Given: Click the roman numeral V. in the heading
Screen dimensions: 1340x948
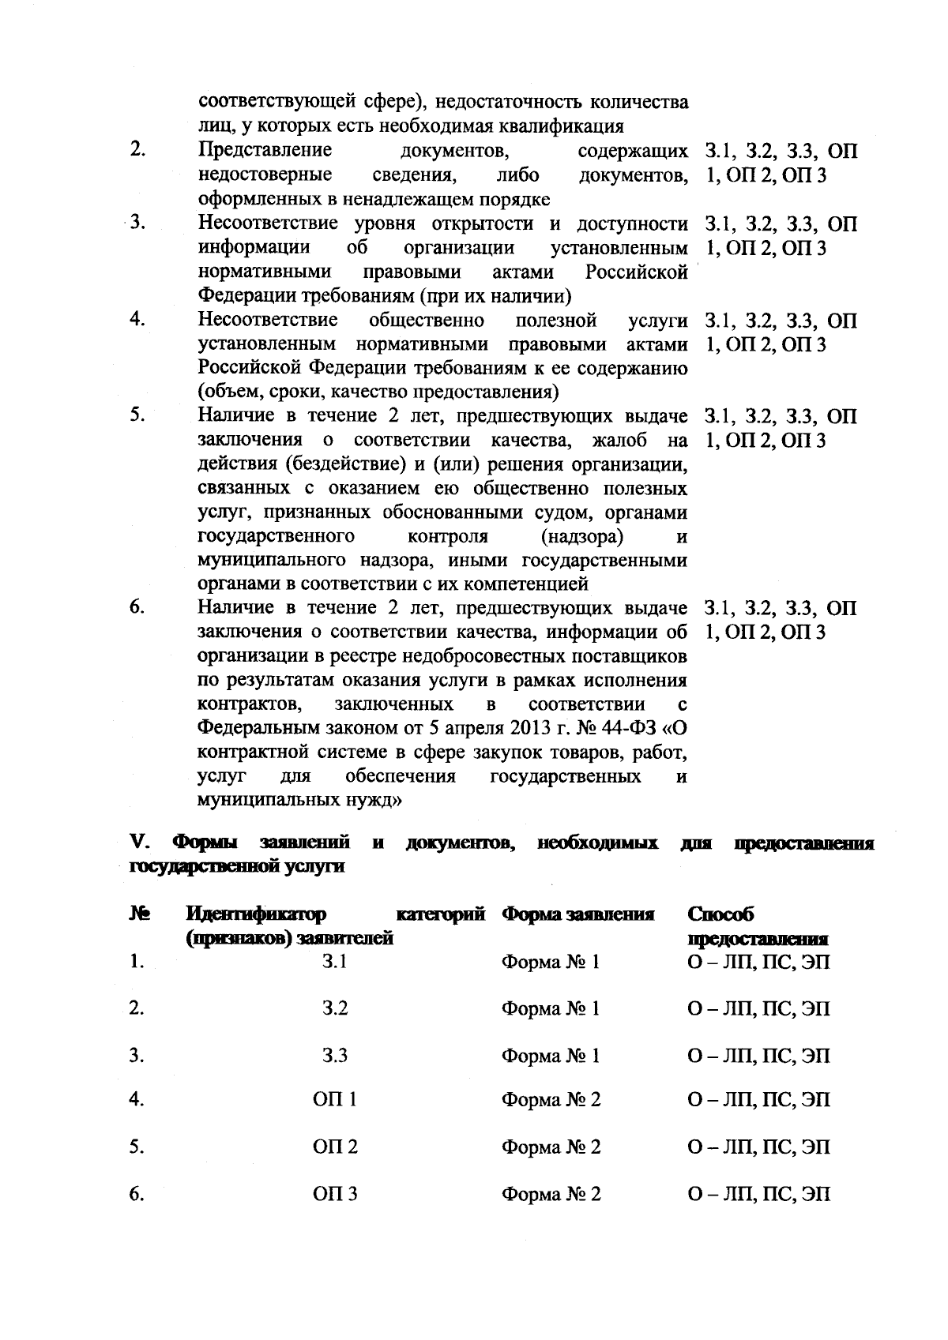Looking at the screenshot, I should coord(141,844).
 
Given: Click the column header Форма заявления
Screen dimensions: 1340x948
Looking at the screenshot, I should coord(577,914).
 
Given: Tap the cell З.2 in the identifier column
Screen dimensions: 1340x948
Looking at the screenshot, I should coord(335,1008).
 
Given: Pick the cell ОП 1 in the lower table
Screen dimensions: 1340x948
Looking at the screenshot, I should coord(335,1100).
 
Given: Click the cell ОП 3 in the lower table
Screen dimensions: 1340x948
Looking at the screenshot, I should coord(335,1194).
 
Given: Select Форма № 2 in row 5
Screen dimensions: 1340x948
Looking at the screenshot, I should coord(551,1147).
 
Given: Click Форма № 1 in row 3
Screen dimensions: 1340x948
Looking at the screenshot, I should coord(551,1056).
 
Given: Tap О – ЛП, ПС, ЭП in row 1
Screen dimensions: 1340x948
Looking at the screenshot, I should coord(758,963).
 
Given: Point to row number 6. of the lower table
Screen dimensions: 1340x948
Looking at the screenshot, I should coord(137,1194).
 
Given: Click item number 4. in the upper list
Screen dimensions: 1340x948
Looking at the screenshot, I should coord(137,320).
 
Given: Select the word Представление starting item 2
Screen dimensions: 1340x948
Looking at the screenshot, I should coord(265,150).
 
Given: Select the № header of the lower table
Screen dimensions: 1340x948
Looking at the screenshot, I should coord(139,914).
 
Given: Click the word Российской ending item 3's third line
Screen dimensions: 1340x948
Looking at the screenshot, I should coord(636,272).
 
